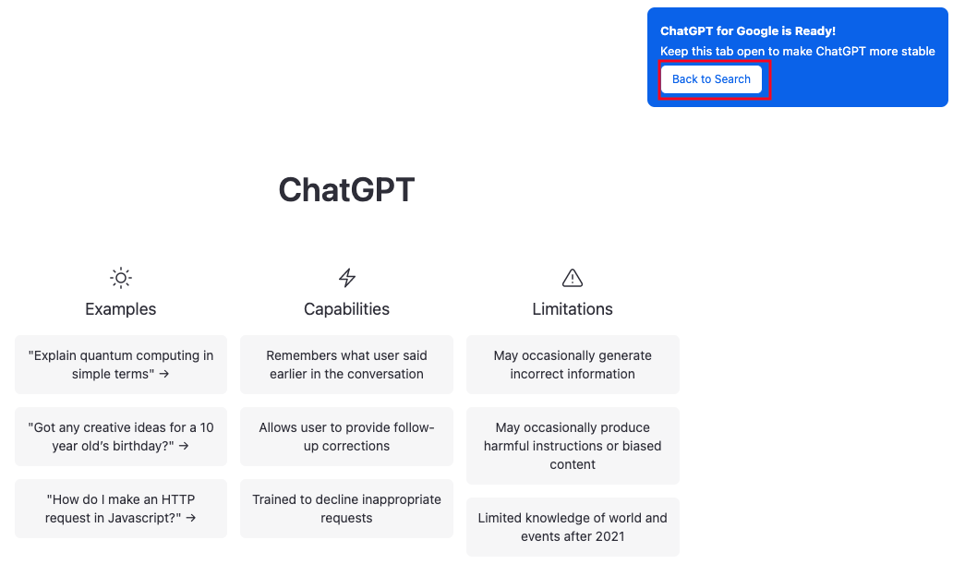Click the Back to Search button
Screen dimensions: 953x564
[x=711, y=79]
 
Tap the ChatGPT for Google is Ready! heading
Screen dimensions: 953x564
[x=748, y=31]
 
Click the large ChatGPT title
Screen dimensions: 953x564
[x=346, y=189]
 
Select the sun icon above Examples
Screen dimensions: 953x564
[x=121, y=278]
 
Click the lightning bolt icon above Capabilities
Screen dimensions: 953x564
[x=347, y=278]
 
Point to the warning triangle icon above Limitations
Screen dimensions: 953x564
[x=573, y=278]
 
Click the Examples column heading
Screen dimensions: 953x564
[x=120, y=308]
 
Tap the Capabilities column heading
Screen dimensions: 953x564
[x=346, y=308]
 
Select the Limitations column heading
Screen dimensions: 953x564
[x=573, y=308]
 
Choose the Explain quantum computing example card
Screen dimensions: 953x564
[x=121, y=365]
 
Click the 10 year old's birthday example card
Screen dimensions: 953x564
[x=121, y=437]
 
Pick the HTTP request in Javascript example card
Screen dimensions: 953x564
[x=121, y=509]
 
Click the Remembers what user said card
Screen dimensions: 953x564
[x=346, y=365]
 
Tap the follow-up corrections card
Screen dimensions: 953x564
[x=346, y=437]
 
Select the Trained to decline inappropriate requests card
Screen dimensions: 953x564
[x=346, y=509]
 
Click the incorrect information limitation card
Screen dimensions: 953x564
[x=573, y=365]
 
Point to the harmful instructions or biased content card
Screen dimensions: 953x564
[x=573, y=446]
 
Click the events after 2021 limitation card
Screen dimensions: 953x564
[x=573, y=527]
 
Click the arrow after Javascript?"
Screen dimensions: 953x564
[x=191, y=519]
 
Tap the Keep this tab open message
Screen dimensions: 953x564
[x=798, y=52]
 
